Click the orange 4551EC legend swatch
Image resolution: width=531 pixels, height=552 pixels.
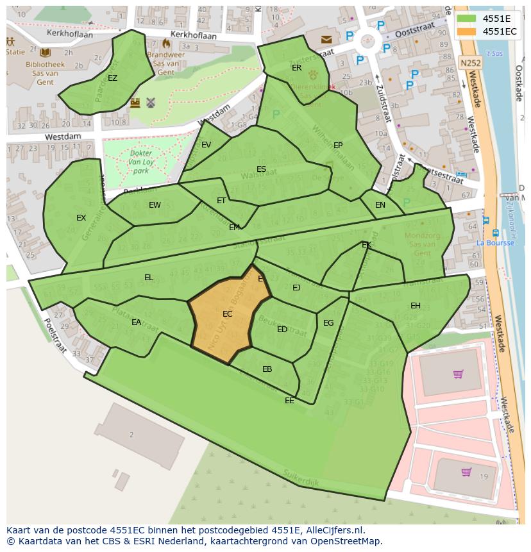[467, 31]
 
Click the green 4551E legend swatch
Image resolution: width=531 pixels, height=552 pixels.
[467, 19]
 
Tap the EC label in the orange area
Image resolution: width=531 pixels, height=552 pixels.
[228, 314]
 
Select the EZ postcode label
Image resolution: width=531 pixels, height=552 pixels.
[113, 78]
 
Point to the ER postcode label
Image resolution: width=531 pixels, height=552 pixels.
[296, 68]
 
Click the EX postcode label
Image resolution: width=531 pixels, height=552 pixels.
[81, 218]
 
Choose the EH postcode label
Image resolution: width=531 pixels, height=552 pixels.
[416, 306]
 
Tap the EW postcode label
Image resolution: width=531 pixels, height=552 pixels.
[155, 205]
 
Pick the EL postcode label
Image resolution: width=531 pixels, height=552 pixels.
[149, 278]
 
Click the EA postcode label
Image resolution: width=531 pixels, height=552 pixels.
[136, 322]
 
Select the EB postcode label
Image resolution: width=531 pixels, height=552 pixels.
[267, 369]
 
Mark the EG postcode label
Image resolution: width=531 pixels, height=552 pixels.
[328, 323]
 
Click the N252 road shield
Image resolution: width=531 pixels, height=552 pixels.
[469, 63]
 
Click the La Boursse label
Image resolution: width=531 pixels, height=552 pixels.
[495, 243]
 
